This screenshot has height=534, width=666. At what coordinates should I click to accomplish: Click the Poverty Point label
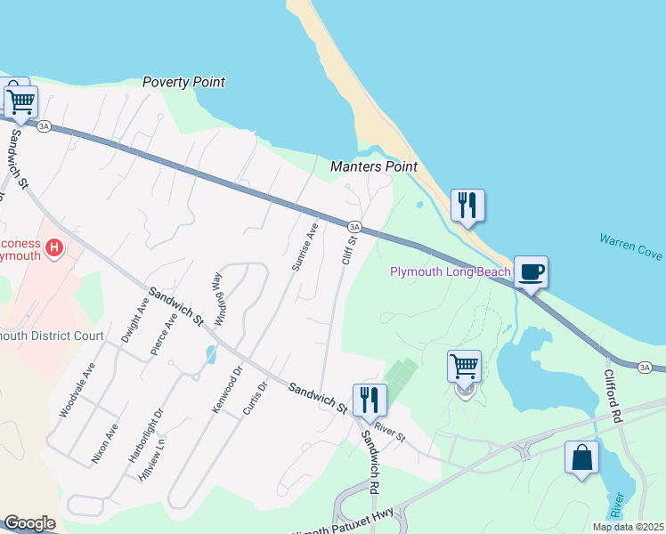183,83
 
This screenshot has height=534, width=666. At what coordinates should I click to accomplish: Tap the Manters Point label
373,166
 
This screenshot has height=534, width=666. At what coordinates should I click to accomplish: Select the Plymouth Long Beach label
451,271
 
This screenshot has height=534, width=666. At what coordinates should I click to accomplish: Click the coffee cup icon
531,272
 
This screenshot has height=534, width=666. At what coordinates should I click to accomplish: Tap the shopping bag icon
581,458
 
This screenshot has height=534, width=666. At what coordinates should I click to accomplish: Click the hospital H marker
55,247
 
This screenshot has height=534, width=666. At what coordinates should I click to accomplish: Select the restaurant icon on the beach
467,206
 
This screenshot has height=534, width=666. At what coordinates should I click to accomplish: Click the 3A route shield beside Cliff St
353,227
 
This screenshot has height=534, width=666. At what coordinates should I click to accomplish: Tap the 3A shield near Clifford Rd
646,367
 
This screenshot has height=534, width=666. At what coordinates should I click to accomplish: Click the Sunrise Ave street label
305,247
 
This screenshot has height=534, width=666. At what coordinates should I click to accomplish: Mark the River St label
390,432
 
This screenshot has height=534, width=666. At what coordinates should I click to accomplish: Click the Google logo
29,523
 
